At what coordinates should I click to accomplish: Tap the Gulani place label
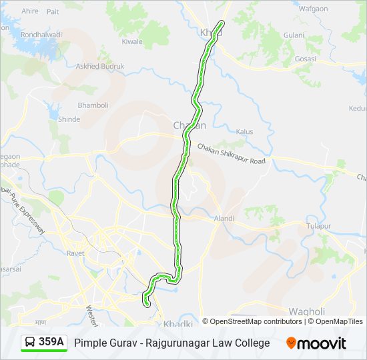pos(294,35)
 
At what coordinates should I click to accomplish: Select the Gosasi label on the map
pos(305,59)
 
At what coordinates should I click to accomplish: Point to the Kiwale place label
pos(132,41)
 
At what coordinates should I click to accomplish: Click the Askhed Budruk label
pos(100,67)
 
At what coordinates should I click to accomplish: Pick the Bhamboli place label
pos(93,105)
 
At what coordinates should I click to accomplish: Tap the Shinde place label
pos(69,119)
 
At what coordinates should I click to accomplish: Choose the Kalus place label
pos(244,132)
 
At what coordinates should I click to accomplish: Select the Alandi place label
pos(224,218)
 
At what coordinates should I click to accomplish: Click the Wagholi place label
pos(306,311)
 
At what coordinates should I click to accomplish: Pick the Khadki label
pos(178,323)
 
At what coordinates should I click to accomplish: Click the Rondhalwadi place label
pos(41,35)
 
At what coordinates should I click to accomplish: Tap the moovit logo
pos(316,343)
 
